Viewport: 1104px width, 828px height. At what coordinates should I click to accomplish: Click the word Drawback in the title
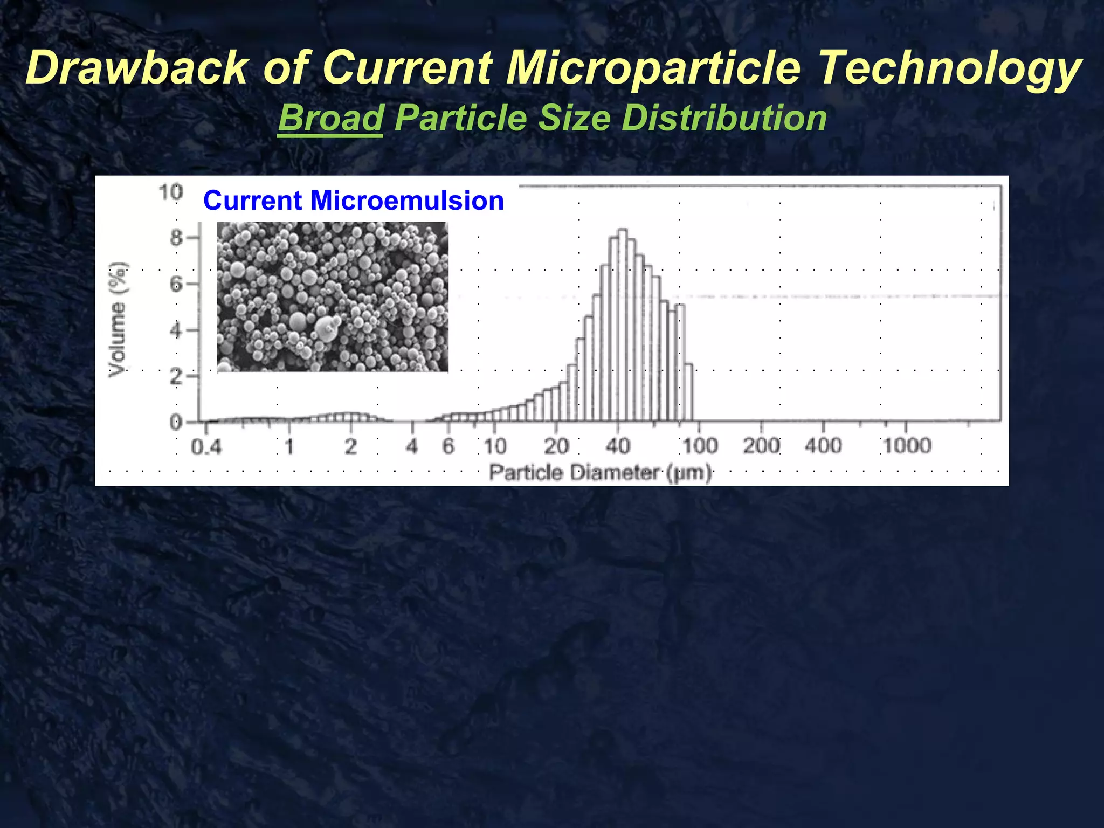(137, 68)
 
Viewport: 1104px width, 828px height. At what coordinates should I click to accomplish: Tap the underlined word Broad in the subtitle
(330, 118)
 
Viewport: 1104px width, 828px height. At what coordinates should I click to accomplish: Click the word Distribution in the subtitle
(724, 118)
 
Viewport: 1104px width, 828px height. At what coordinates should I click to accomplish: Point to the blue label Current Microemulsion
(354, 201)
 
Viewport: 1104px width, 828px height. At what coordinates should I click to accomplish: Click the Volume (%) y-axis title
(118, 319)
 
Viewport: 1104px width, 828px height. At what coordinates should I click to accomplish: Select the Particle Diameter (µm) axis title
(600, 473)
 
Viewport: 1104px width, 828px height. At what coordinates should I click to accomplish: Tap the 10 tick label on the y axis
(170, 192)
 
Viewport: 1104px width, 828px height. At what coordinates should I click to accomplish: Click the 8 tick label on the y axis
(176, 238)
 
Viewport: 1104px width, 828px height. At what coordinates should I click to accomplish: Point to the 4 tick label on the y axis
(176, 330)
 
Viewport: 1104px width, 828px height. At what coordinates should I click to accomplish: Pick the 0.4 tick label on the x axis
(206, 447)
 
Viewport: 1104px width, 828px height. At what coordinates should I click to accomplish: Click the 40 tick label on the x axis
(618, 446)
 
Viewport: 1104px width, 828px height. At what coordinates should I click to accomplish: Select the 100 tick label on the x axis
(700, 446)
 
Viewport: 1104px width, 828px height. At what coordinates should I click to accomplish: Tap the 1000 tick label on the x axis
(907, 446)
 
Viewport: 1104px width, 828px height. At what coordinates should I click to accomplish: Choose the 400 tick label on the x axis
(823, 446)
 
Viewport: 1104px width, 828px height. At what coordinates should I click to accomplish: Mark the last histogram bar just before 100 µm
(688, 392)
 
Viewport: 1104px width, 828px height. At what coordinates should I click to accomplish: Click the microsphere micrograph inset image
(332, 296)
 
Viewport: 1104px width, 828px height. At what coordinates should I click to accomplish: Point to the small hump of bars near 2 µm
(350, 417)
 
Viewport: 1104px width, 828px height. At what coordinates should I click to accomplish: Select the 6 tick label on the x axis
(448, 446)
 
